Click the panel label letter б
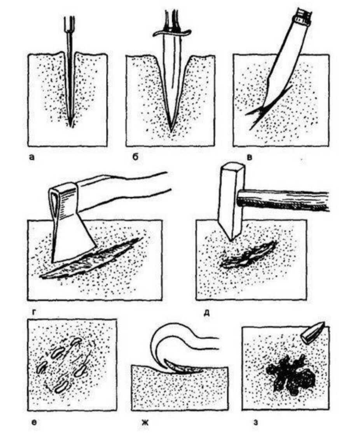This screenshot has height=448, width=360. click(x=135, y=157)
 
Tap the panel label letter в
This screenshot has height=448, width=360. click(x=250, y=157)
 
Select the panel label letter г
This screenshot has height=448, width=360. click(x=34, y=312)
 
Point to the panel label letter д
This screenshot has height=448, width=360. click(x=206, y=313)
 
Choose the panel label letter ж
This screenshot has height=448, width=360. click(x=145, y=422)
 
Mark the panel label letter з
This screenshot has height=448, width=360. click(x=256, y=422)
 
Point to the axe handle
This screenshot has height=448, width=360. click(x=123, y=191)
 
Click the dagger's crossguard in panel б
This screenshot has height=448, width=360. click(x=172, y=33)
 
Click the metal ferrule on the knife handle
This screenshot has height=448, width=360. click(x=303, y=17)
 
